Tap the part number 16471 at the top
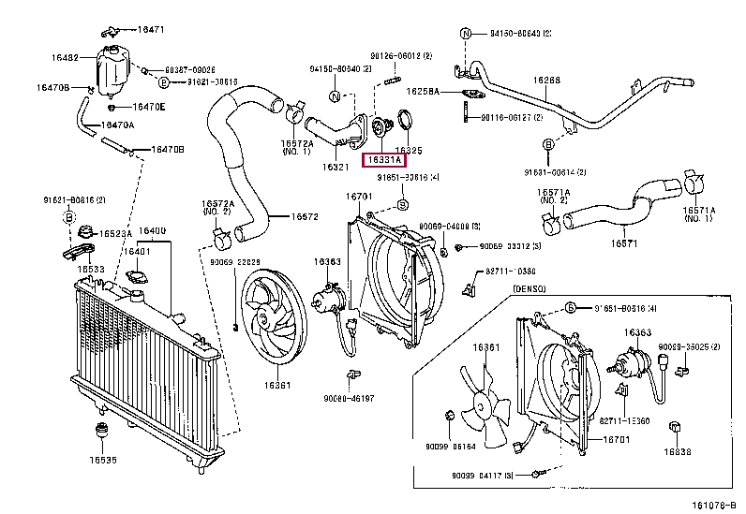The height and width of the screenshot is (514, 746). [x=151, y=30]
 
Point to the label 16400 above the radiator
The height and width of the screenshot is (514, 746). [x=152, y=231]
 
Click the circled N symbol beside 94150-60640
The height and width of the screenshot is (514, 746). [x=466, y=34]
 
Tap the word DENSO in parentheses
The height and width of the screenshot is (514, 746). [x=530, y=289]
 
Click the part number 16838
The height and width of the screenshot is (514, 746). [x=678, y=451]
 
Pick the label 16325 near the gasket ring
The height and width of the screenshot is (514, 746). [x=408, y=149]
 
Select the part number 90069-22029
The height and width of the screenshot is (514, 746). [x=235, y=261]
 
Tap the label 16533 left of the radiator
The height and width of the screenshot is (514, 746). [x=90, y=269]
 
